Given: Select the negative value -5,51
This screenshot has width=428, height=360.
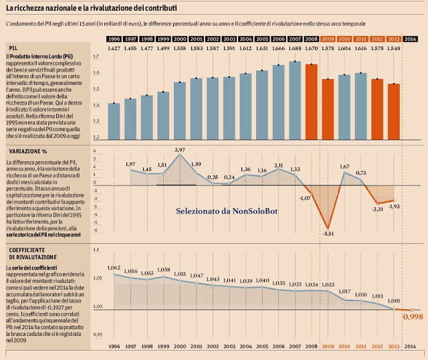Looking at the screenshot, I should [x=328, y=234].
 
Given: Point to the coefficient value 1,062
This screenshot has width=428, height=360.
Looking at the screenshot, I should [x=114, y=268].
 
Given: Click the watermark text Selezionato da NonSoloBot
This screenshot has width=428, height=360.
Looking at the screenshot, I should [x=227, y=211].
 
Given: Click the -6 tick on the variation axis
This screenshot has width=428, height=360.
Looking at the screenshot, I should [x=95, y=229].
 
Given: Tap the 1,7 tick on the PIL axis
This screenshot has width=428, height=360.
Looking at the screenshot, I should [x=96, y=57].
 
